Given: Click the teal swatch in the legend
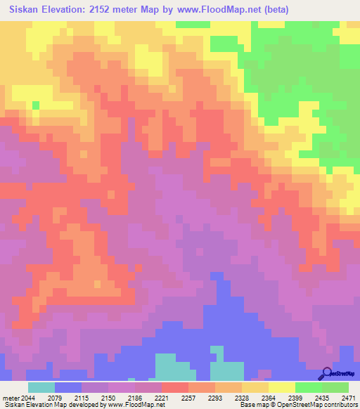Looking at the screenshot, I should coord(41,387).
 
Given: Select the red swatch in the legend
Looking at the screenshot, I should coord(174,387).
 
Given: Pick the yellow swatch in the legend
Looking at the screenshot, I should coord(281,387).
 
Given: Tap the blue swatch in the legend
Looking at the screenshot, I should coord(67,387).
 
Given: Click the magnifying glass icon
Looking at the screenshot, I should coord(326,373).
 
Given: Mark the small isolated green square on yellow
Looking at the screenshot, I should coord(36,105).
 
